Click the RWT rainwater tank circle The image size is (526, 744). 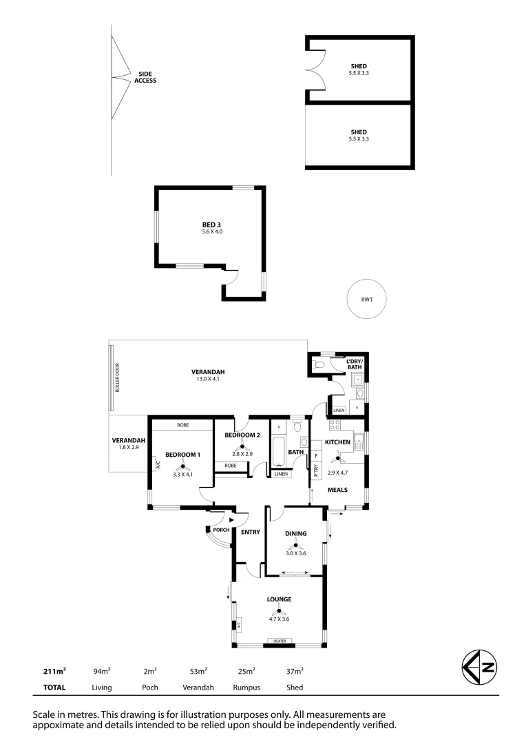click(366, 299)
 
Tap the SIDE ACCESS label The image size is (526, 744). click(145, 77)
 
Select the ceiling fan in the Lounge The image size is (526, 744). click(280, 610)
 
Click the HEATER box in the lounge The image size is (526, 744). click(280, 641)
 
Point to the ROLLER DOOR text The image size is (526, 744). click(118, 378)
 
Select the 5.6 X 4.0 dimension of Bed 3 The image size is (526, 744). click(212, 232)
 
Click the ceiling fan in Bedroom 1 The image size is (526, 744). click(183, 466)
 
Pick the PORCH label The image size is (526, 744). click(221, 530)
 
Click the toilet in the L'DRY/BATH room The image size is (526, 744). click(317, 364)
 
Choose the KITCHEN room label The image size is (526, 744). click(338, 442)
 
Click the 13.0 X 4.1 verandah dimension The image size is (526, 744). click(208, 380)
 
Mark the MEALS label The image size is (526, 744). click(337, 490)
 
